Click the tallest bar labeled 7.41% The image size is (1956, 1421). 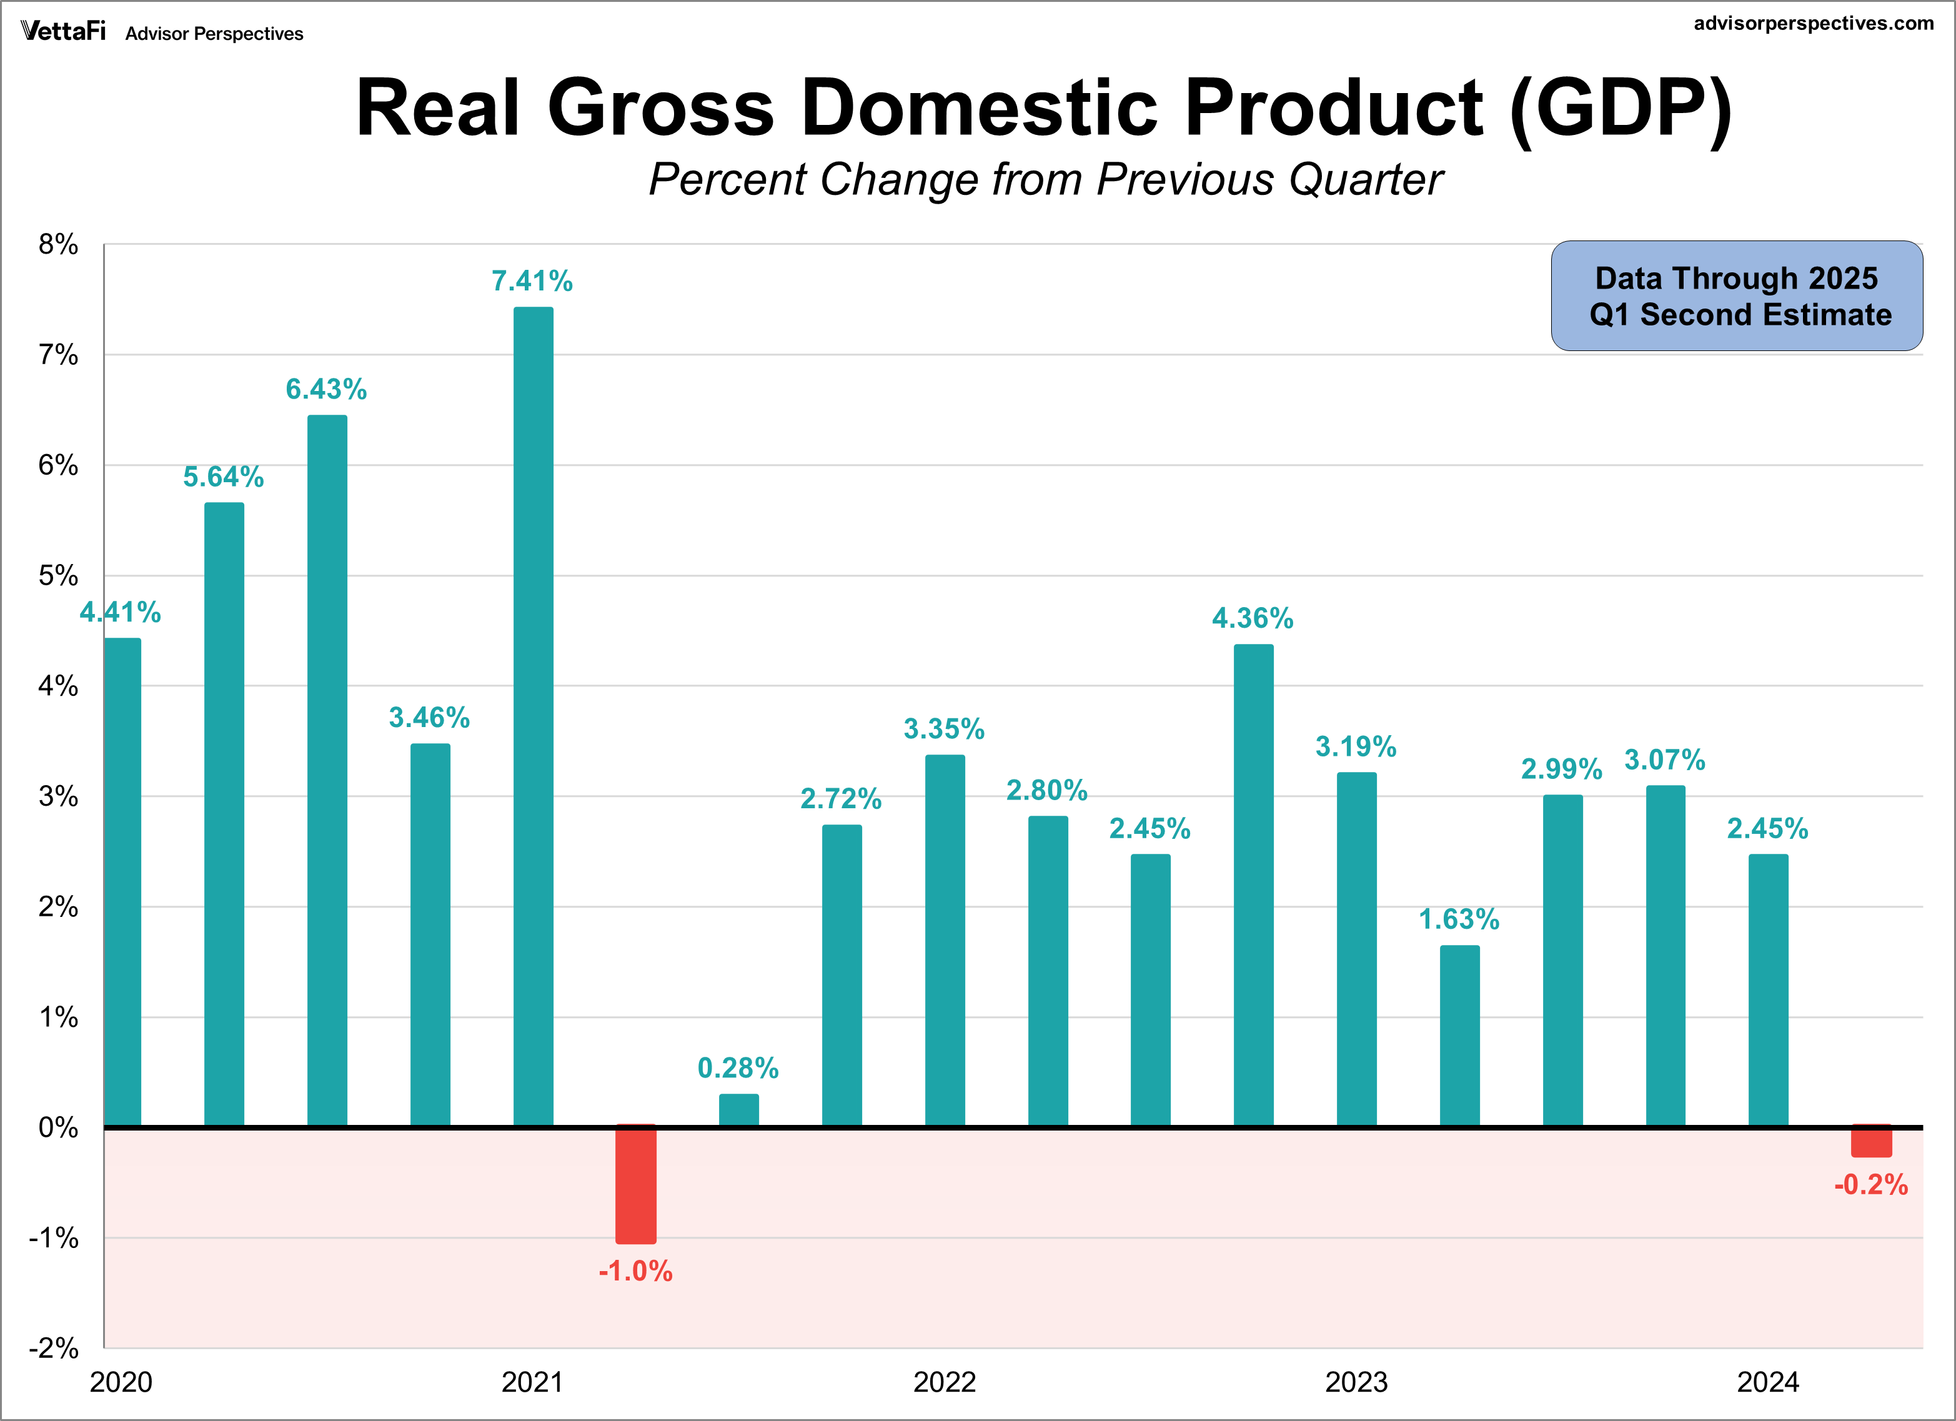coord(533,716)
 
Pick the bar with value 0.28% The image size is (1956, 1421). coord(739,1111)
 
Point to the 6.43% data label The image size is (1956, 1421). coord(326,390)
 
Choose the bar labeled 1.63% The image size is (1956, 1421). coord(1459,1036)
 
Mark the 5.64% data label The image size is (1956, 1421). coord(224,477)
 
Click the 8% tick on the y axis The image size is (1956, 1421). coord(57,245)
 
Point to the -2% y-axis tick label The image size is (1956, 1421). coord(54,1348)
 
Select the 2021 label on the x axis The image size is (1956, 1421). coord(532,1382)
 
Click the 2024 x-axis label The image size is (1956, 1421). coord(1767,1382)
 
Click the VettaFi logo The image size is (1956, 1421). coord(63,32)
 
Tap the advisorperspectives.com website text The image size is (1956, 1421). coord(1813,23)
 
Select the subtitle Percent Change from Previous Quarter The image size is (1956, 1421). coord(1045,179)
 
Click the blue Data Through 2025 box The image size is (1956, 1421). coord(1736,295)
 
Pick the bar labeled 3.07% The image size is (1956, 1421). coord(1666,956)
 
